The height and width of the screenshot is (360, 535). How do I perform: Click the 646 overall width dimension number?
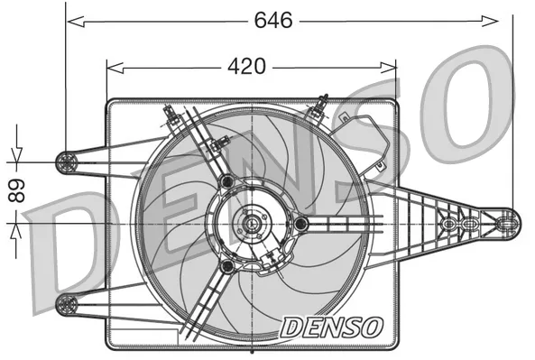pyautogui.click(x=273, y=19)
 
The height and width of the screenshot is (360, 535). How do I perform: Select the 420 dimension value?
pyautogui.click(x=244, y=66)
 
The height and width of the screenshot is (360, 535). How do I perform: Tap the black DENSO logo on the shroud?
pyautogui.click(x=332, y=327)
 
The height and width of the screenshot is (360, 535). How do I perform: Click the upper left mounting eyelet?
pyautogui.click(x=66, y=162)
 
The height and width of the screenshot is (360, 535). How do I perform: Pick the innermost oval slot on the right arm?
pyautogui.click(x=447, y=222)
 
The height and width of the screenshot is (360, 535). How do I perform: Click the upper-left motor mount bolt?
pyautogui.click(x=226, y=183)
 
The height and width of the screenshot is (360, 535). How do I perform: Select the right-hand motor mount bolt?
pyautogui.click(x=300, y=223)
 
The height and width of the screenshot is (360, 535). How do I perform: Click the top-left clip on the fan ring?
pyautogui.click(x=170, y=115)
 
